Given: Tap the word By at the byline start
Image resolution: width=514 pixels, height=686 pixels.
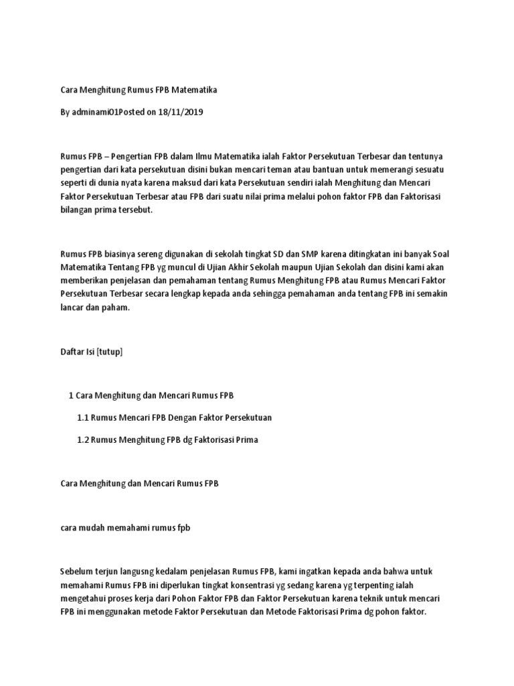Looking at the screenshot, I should pos(66,113).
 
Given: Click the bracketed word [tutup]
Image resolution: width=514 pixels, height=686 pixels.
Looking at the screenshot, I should pos(110,351).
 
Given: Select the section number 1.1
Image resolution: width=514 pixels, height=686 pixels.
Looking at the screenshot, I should pos(83,417).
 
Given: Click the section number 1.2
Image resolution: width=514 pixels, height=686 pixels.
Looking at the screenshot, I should pos(83,440).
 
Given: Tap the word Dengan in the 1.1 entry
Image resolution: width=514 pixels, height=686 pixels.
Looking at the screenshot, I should pos(183,417).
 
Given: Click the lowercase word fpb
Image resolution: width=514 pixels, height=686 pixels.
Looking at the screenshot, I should pos(183,527).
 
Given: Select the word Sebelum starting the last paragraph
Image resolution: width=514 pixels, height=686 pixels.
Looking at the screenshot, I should pos(76,571).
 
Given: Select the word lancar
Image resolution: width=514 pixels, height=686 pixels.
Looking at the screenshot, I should pos(72,307).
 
